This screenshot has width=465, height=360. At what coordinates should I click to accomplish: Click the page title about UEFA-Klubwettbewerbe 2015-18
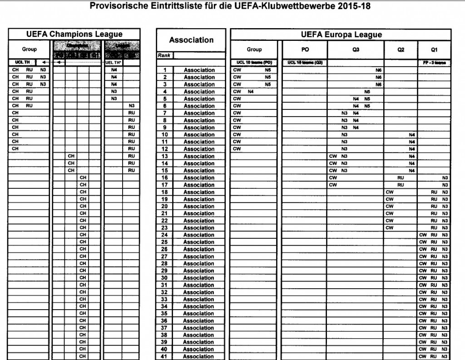pyautogui.click(x=232, y=7)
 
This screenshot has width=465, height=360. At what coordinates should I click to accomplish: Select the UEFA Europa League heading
pyautogui.click(x=341, y=35)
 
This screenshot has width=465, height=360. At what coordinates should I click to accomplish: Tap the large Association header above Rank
pyautogui.click(x=191, y=40)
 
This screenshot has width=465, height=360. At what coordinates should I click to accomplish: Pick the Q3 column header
pyautogui.click(x=356, y=49)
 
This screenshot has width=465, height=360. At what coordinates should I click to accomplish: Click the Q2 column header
pyautogui.click(x=401, y=49)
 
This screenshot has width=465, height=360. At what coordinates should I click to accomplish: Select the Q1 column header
pyautogui.click(x=434, y=49)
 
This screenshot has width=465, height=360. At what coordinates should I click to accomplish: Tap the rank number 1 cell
pyautogui.click(x=165, y=70)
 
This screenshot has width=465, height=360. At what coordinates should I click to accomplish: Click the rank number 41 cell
pyautogui.click(x=165, y=356)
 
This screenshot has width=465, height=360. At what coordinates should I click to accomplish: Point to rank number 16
pyautogui.click(x=165, y=178)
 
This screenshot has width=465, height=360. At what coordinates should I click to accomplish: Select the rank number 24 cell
pyautogui.click(x=165, y=235)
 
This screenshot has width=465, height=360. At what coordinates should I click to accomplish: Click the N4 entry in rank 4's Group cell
pyautogui.click(x=250, y=92)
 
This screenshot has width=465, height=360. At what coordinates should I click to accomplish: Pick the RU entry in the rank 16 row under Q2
pyautogui.click(x=401, y=178)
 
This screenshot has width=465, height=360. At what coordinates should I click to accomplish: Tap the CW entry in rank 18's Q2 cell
pyautogui.click(x=389, y=192)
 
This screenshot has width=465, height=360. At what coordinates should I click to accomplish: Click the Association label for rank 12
pyautogui.click(x=199, y=149)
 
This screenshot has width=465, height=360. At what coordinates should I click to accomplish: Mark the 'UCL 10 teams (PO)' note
pyautogui.click(x=254, y=63)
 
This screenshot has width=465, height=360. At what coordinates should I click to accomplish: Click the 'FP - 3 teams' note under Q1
pyautogui.click(x=434, y=63)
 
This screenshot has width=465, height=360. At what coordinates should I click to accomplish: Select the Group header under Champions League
pyautogui.click(x=30, y=49)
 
